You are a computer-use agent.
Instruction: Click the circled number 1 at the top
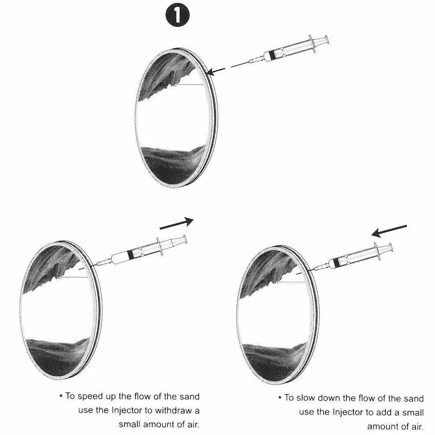click(177, 15)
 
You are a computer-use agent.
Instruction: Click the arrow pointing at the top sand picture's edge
click(216, 71)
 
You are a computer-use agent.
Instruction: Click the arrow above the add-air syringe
click(389, 231)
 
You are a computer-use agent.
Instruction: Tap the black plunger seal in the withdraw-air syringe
click(130, 254)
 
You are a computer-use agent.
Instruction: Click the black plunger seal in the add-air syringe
click(336, 262)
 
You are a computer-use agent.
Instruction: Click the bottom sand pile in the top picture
click(174, 165)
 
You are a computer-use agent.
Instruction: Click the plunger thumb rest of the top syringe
click(327, 40)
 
